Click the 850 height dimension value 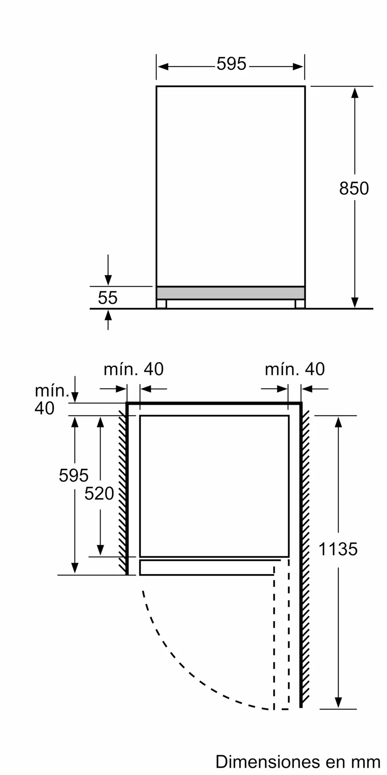tap(354, 188)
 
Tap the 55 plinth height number tap(108, 298)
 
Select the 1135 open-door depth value tap(338, 549)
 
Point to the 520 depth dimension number tap(99, 493)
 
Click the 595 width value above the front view tap(231, 64)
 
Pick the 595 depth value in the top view tap(74, 475)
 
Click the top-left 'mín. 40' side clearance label tap(134, 369)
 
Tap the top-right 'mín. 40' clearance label tap(295, 369)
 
